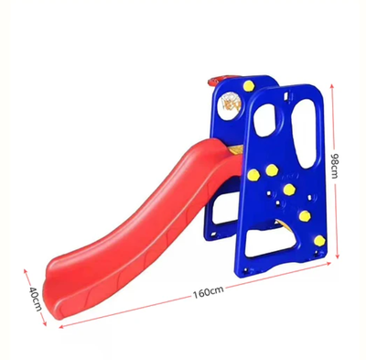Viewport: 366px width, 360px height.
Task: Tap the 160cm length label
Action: pos(208,292)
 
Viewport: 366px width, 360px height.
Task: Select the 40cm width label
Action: pos(35,297)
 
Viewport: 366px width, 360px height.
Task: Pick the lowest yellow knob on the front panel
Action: pos(319,240)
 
